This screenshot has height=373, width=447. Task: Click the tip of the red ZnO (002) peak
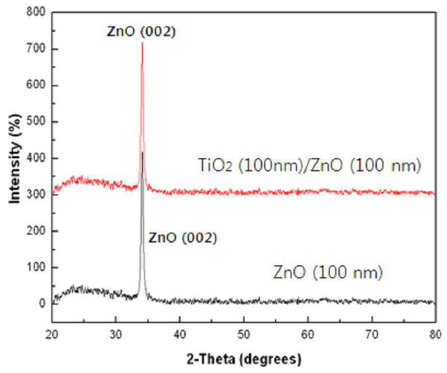click(x=142, y=42)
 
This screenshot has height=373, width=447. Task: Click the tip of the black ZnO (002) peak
click(x=142, y=152)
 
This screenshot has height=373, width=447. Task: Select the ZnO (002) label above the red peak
click(x=141, y=31)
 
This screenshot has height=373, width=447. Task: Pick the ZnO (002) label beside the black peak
click(x=183, y=238)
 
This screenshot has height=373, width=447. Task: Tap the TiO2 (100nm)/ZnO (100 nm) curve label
click(x=309, y=165)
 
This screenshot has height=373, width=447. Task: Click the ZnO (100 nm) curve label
click(x=328, y=272)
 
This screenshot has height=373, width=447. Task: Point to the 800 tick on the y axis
click(x=36, y=12)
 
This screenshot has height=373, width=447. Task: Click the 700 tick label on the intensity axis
click(x=36, y=49)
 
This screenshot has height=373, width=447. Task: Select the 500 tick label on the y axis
click(x=36, y=122)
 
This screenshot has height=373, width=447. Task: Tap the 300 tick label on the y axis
click(x=36, y=194)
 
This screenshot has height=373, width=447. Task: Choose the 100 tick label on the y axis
click(x=36, y=267)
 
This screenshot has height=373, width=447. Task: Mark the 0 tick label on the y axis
click(x=42, y=304)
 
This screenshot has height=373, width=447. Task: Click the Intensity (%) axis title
click(x=15, y=159)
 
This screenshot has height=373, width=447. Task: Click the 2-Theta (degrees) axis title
click(x=244, y=359)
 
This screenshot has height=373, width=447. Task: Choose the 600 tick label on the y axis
click(x=36, y=85)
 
